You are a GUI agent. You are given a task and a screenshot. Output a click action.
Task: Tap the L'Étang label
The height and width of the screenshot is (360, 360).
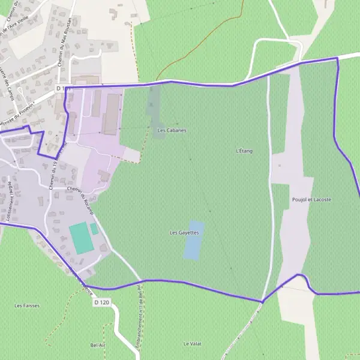[244, 151]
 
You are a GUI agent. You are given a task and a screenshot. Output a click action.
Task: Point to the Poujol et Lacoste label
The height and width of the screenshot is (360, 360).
[311, 199]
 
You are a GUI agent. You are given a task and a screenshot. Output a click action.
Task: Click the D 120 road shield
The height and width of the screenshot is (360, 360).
[103, 303]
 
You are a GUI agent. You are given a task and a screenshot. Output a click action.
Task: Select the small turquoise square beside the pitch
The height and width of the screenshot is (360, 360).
[94, 229]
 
